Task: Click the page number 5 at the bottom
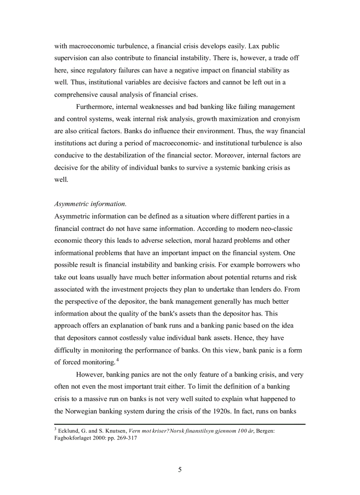point(180,469)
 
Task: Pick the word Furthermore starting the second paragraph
point(96,107)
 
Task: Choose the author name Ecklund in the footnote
point(68,431)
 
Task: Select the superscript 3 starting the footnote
point(56,429)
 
